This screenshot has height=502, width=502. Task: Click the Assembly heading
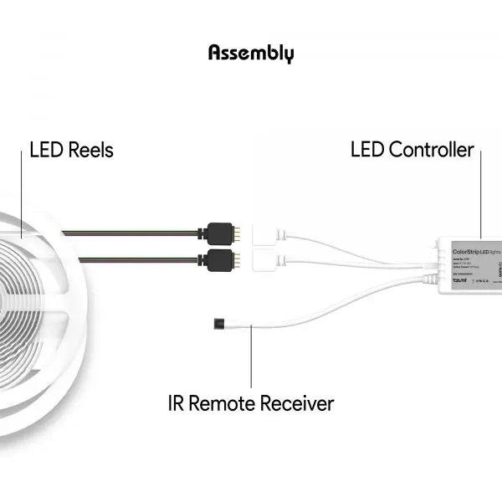click(x=251, y=54)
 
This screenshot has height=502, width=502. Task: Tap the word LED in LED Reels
click(x=47, y=151)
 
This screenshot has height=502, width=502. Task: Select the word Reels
click(x=91, y=151)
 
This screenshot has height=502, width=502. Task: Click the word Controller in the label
click(x=431, y=151)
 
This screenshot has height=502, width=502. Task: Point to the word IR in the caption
click(x=177, y=403)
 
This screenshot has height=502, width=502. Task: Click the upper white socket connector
click(x=268, y=232)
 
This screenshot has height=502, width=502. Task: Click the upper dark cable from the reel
click(x=134, y=232)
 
